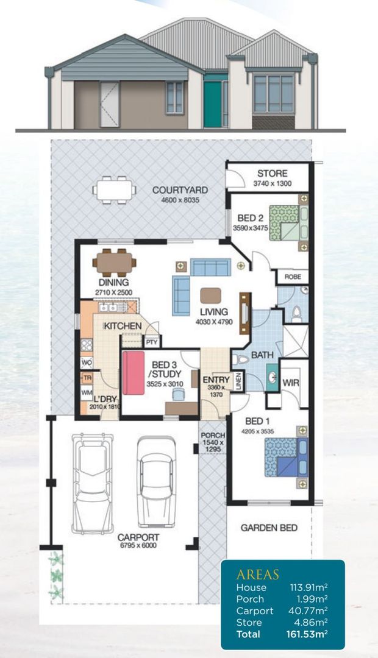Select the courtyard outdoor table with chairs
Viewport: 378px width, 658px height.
[114, 189]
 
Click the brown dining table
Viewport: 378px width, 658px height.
[114, 263]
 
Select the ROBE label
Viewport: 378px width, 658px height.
[293, 277]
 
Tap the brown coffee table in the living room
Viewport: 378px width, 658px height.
[211, 295]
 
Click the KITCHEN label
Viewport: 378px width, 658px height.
[123, 327]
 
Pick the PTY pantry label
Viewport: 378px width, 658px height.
[152, 342]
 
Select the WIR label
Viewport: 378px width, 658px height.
[290, 382]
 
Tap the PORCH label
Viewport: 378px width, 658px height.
[212, 436]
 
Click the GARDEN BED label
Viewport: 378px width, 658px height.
[269, 528]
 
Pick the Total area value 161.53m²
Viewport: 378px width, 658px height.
[307, 634]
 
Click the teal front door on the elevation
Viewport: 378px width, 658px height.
[212, 104]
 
